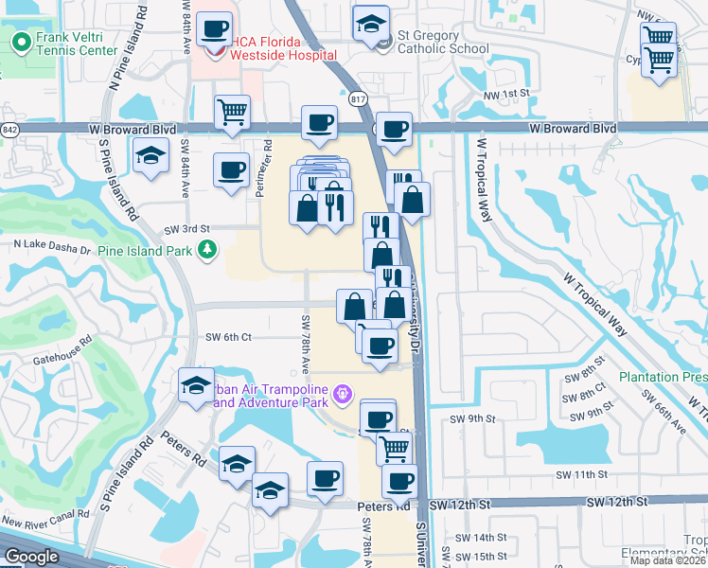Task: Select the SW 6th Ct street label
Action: pos(228,337)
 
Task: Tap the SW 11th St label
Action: pos(582,473)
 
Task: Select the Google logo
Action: pos(30,557)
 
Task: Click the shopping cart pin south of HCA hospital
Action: pos(232,113)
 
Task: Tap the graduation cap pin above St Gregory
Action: pos(371,23)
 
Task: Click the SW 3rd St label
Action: pos(186,229)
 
